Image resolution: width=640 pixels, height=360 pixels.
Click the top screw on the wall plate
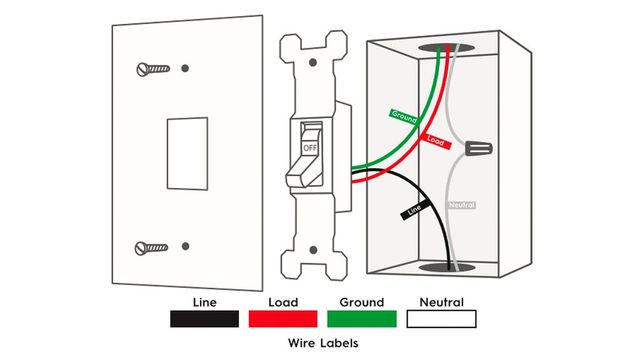152,68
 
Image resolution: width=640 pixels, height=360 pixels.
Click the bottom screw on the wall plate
151,248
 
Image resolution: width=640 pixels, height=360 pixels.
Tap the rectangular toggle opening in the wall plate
187,153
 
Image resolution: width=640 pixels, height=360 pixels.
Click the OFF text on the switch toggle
309,148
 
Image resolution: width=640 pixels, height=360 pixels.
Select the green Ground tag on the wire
404,116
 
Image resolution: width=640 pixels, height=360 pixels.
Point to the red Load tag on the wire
435,141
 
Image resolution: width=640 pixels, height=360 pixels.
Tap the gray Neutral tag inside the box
462,205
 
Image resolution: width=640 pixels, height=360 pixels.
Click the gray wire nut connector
479,149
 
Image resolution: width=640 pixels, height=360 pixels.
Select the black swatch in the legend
204,319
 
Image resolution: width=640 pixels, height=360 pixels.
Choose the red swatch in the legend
283,319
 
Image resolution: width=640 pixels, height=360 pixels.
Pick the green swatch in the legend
362,319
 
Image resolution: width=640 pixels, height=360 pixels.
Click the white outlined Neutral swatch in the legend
441,319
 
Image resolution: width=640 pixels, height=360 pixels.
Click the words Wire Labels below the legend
323,343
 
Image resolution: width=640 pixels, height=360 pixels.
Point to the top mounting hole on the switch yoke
313,62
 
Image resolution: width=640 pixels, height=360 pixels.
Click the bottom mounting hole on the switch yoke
313,250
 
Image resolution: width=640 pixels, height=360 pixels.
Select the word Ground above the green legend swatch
362,302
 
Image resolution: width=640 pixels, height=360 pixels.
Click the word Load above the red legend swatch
283,302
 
